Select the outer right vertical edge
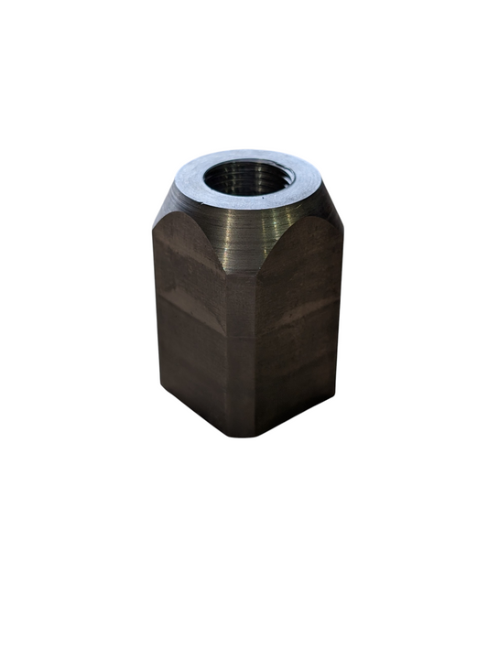coord(342,311)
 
